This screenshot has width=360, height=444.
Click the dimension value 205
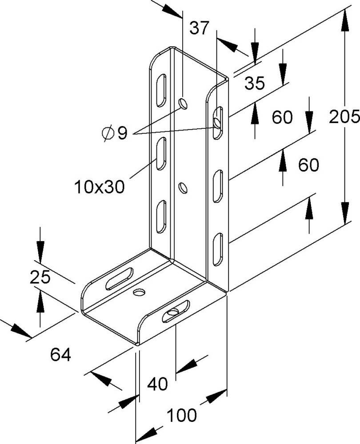coord(344,117)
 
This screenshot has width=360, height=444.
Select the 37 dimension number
coord(199,29)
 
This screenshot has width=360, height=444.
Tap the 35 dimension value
coord(254,83)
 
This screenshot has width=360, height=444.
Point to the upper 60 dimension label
coord(282,118)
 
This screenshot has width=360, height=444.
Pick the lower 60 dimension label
coord(308,165)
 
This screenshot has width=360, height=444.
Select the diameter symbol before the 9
coord(107,132)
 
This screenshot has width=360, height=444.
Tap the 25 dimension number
coord(40,278)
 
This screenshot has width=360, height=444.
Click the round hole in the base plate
coord(139,293)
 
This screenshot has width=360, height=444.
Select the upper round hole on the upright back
coord(183,104)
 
